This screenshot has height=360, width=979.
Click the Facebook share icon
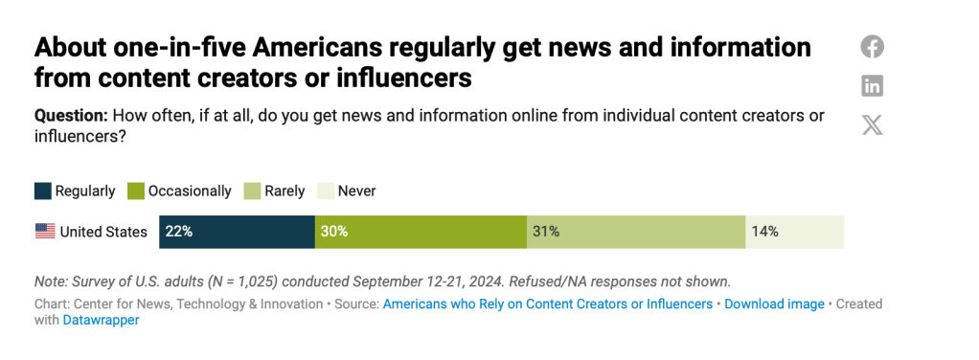(872, 47)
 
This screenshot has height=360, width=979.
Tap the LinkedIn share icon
(872, 86)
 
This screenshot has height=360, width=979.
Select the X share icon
(872, 124)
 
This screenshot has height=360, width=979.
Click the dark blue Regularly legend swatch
(43, 191)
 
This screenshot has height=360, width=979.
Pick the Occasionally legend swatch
(136, 191)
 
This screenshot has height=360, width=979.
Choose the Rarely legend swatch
(253, 191)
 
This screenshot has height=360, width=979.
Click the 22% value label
(179, 232)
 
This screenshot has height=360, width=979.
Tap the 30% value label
(334, 232)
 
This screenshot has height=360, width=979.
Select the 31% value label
(546, 232)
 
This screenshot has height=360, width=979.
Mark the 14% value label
(764, 232)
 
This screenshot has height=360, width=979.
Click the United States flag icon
(45, 232)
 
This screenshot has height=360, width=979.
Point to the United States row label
(103, 232)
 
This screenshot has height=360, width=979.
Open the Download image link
(774, 304)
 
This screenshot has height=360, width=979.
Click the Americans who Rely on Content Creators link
(547, 304)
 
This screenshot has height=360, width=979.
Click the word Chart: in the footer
(54, 304)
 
